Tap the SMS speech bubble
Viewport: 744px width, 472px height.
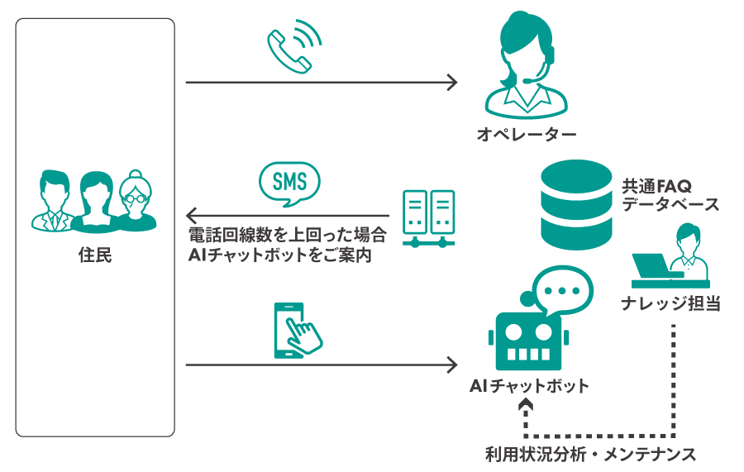pos(289,181)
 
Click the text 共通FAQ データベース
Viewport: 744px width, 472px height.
pos(670,195)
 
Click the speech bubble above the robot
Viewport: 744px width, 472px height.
pos(563,289)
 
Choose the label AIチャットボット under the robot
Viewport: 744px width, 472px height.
pos(529,386)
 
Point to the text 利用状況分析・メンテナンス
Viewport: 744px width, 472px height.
pos(590,454)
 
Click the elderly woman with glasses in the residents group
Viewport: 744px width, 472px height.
pos(135,203)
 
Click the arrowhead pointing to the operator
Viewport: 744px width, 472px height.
pos(451,83)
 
